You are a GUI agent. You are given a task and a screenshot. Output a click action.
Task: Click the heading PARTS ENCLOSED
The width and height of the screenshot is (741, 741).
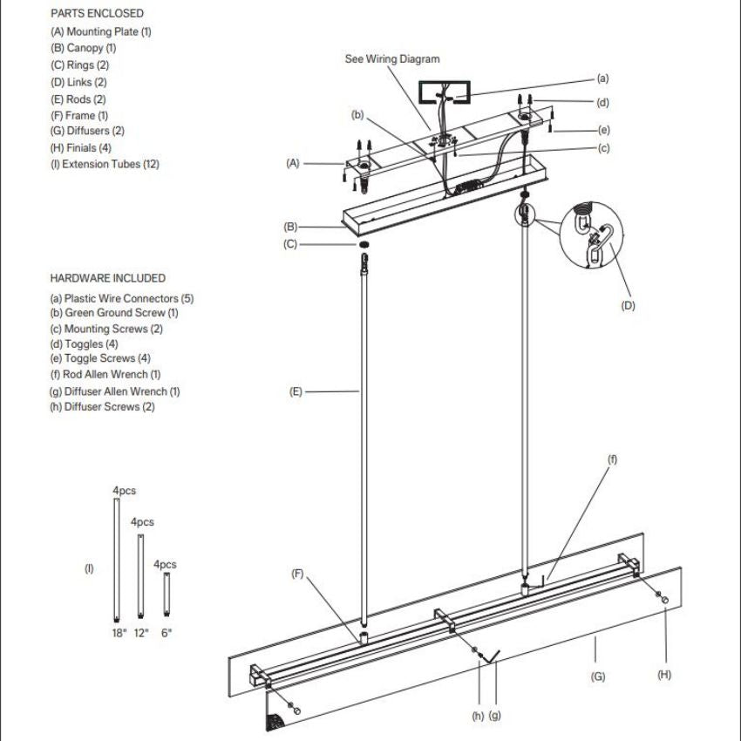point(97,14)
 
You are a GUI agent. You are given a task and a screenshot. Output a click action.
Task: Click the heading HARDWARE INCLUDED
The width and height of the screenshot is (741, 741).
point(107,278)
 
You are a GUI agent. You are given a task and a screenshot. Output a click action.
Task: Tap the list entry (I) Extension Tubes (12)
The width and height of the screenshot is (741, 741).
point(105,164)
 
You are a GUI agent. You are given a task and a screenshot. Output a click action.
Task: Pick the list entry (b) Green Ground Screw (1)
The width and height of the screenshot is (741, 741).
point(114,313)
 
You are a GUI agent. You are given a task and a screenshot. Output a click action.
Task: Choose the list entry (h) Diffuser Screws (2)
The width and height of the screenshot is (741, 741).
point(102,407)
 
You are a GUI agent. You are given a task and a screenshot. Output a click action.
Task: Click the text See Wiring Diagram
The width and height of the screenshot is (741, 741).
point(392,59)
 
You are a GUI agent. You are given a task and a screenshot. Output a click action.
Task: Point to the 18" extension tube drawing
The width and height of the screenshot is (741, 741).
point(118,561)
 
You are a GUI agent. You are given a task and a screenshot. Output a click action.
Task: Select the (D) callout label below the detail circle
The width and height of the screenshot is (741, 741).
point(628,305)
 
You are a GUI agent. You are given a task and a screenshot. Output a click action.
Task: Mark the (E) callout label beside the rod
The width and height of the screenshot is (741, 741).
point(296,392)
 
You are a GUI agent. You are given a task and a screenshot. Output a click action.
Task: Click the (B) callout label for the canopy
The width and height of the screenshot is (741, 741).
point(290,227)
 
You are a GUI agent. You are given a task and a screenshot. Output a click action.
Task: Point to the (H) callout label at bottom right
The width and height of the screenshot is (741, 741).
point(665,674)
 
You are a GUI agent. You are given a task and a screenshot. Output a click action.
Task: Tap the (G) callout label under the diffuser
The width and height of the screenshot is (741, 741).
point(598,676)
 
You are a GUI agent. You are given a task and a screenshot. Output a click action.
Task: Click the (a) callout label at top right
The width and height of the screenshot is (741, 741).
point(602,78)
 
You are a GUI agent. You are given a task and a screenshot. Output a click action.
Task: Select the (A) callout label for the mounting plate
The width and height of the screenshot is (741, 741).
point(293,163)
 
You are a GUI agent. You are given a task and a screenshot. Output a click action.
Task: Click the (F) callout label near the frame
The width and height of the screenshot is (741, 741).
point(297,574)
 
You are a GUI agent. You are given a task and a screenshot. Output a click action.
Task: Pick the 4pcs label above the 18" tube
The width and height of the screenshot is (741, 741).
point(125,491)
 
